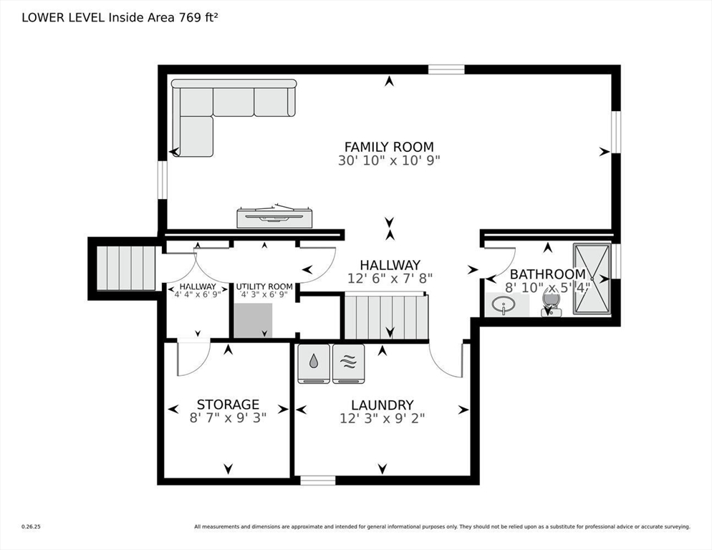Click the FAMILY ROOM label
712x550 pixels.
[x=389, y=147]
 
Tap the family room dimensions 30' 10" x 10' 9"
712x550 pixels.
[x=389, y=161]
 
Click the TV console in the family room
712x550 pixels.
[x=274, y=216]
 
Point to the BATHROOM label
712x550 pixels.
[x=548, y=274]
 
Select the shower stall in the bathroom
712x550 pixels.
[x=592, y=279]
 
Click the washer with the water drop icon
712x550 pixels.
[x=313, y=364]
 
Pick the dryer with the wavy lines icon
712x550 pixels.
[x=348, y=364]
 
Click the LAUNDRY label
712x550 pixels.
[x=383, y=405]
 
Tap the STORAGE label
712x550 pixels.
[x=228, y=404]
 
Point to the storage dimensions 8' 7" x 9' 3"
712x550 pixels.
[x=228, y=418]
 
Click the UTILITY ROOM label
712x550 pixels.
[x=264, y=286]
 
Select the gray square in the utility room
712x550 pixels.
[x=254, y=321]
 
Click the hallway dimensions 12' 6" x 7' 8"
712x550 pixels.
[x=390, y=279]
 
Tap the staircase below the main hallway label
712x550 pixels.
[x=386, y=316]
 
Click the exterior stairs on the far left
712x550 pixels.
[x=126, y=268]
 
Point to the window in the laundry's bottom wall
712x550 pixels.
[x=318, y=480]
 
